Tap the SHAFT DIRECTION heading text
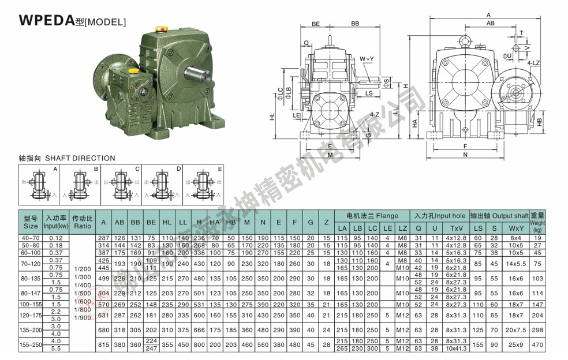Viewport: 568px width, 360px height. tap(67, 158)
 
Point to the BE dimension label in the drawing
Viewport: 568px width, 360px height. tap(316, 24)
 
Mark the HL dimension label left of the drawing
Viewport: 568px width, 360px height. tap(272, 116)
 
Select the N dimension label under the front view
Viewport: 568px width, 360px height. tap(465, 155)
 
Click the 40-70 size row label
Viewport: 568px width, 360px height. tap(31, 238)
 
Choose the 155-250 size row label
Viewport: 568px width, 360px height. tap(31, 344)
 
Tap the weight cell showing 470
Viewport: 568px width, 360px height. tap(537, 344)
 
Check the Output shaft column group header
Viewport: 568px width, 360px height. tap(500, 216)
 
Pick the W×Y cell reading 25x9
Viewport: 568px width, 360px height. tap(516, 344)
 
